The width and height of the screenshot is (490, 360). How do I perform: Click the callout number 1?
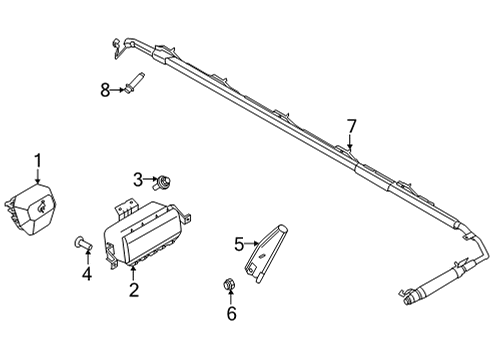pyautogui.click(x=38, y=160)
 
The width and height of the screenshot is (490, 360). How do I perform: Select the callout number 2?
pyautogui.click(x=133, y=291)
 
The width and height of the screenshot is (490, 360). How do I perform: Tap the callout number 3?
pyautogui.click(x=138, y=179)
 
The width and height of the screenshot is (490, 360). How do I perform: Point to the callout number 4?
pyautogui.click(x=85, y=272)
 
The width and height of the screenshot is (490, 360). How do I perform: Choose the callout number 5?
pyautogui.click(x=239, y=243)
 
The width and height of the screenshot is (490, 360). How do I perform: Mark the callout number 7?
pyautogui.click(x=351, y=126)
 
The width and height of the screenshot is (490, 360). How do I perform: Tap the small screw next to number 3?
pyautogui.click(x=160, y=183)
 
